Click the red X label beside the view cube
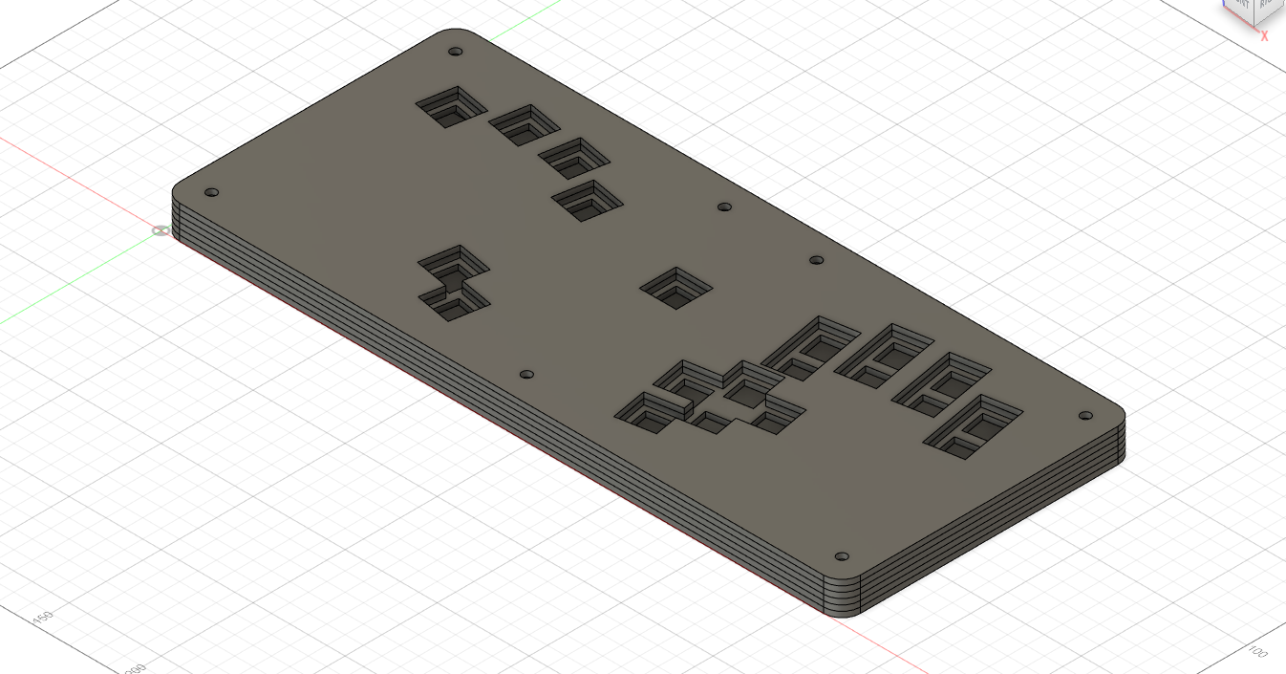1264,36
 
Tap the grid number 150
42,617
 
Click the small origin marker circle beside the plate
161,230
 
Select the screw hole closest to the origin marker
212,192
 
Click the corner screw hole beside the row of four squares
456,52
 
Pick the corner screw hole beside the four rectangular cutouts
1084,416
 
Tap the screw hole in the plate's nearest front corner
842,556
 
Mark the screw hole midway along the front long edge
525,375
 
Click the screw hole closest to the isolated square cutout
724,207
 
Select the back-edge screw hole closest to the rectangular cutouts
816,260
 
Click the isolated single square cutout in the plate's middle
676,288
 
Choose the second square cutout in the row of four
523,124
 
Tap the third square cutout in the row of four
573,158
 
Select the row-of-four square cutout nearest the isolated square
588,201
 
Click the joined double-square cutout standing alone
455,282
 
